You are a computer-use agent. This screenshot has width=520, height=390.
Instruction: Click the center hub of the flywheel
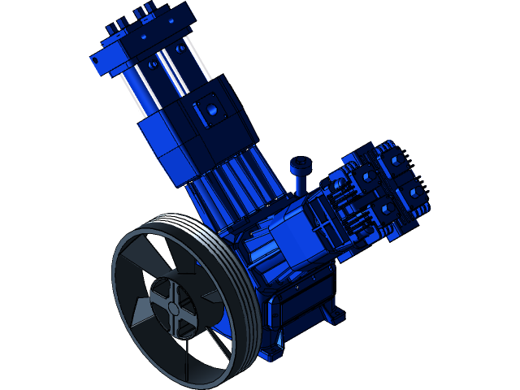click(172, 308)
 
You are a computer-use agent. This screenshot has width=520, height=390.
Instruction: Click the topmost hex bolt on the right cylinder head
click(396, 160)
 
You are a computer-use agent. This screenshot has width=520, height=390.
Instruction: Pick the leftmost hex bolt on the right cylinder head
click(363, 176)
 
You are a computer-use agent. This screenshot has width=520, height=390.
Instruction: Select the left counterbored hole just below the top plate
click(152, 63)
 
